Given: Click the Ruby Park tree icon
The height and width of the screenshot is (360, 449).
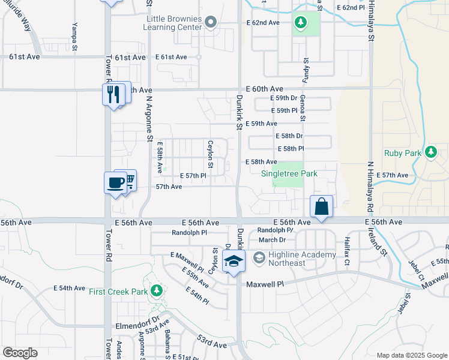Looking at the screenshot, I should click(x=430, y=152).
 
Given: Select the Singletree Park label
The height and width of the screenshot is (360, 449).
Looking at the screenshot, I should click(x=289, y=173).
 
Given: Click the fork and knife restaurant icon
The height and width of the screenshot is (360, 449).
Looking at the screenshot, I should click(x=112, y=93).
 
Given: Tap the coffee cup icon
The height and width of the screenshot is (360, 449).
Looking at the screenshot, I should click(x=115, y=183).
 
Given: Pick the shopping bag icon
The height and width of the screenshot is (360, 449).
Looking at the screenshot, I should click(x=321, y=206).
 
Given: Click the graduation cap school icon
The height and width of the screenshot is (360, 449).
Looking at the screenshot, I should click(x=234, y=261).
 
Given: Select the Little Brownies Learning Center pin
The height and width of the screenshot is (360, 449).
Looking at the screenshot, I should click(x=210, y=23).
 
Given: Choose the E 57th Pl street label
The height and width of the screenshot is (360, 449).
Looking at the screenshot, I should click(x=193, y=175).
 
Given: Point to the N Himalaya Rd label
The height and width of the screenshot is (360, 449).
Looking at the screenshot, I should click(x=371, y=188).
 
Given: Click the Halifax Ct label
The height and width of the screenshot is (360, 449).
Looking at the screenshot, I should click(x=346, y=251).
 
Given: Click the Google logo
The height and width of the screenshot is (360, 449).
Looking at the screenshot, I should click(x=20, y=353).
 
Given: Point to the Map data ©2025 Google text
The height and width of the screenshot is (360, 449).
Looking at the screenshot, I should click(x=411, y=355).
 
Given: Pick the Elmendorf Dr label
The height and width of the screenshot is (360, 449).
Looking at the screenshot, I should click(x=137, y=319).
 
